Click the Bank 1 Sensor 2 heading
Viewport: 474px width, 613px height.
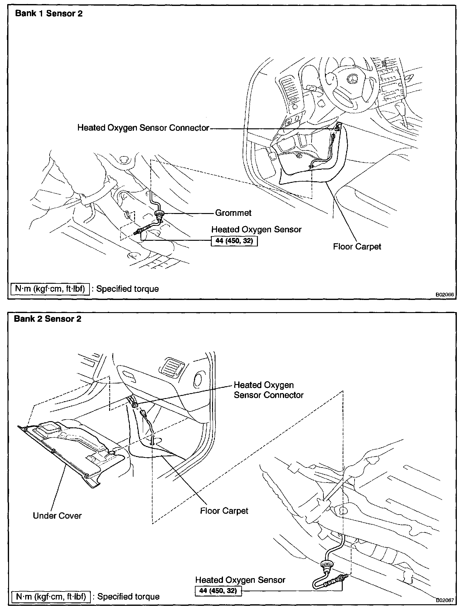click(x=49, y=14)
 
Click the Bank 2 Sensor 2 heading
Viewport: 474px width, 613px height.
click(x=48, y=319)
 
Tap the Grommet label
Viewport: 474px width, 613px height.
click(x=233, y=213)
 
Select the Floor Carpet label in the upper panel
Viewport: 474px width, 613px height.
click(x=357, y=247)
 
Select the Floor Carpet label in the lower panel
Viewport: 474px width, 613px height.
click(x=224, y=511)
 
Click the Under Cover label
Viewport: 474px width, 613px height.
click(x=57, y=516)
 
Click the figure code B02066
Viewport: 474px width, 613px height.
click(x=445, y=294)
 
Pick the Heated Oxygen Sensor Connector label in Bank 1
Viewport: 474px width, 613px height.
click(x=143, y=128)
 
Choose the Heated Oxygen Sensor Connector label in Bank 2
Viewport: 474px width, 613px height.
click(x=268, y=390)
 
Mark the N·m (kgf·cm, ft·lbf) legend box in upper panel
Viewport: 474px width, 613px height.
click(x=50, y=289)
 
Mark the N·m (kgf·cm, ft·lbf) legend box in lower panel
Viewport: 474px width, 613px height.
click(x=51, y=596)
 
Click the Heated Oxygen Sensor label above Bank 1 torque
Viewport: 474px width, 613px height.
click(x=256, y=230)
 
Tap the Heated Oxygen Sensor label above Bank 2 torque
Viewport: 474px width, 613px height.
click(x=240, y=580)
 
